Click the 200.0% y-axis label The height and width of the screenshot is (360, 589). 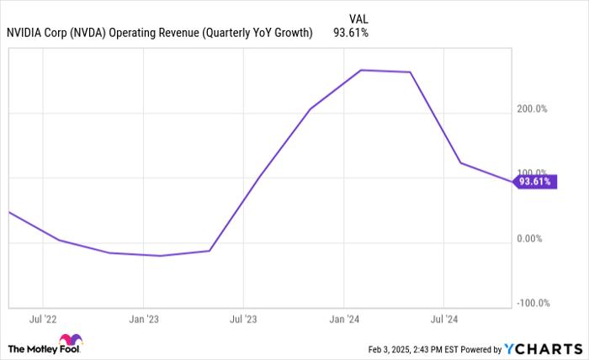(x=532, y=109)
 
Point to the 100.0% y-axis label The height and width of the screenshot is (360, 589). (x=532, y=172)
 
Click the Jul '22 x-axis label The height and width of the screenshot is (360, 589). (x=43, y=320)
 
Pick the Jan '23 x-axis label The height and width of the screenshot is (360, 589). (x=143, y=320)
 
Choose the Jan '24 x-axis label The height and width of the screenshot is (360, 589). (x=343, y=320)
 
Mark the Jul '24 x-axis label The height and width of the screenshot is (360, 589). (x=443, y=320)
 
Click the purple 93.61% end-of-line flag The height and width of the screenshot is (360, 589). (x=535, y=182)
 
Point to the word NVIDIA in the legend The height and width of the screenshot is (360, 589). (x=29, y=33)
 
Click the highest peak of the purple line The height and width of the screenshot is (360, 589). (x=361, y=70)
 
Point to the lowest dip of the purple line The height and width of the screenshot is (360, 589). (x=161, y=255)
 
